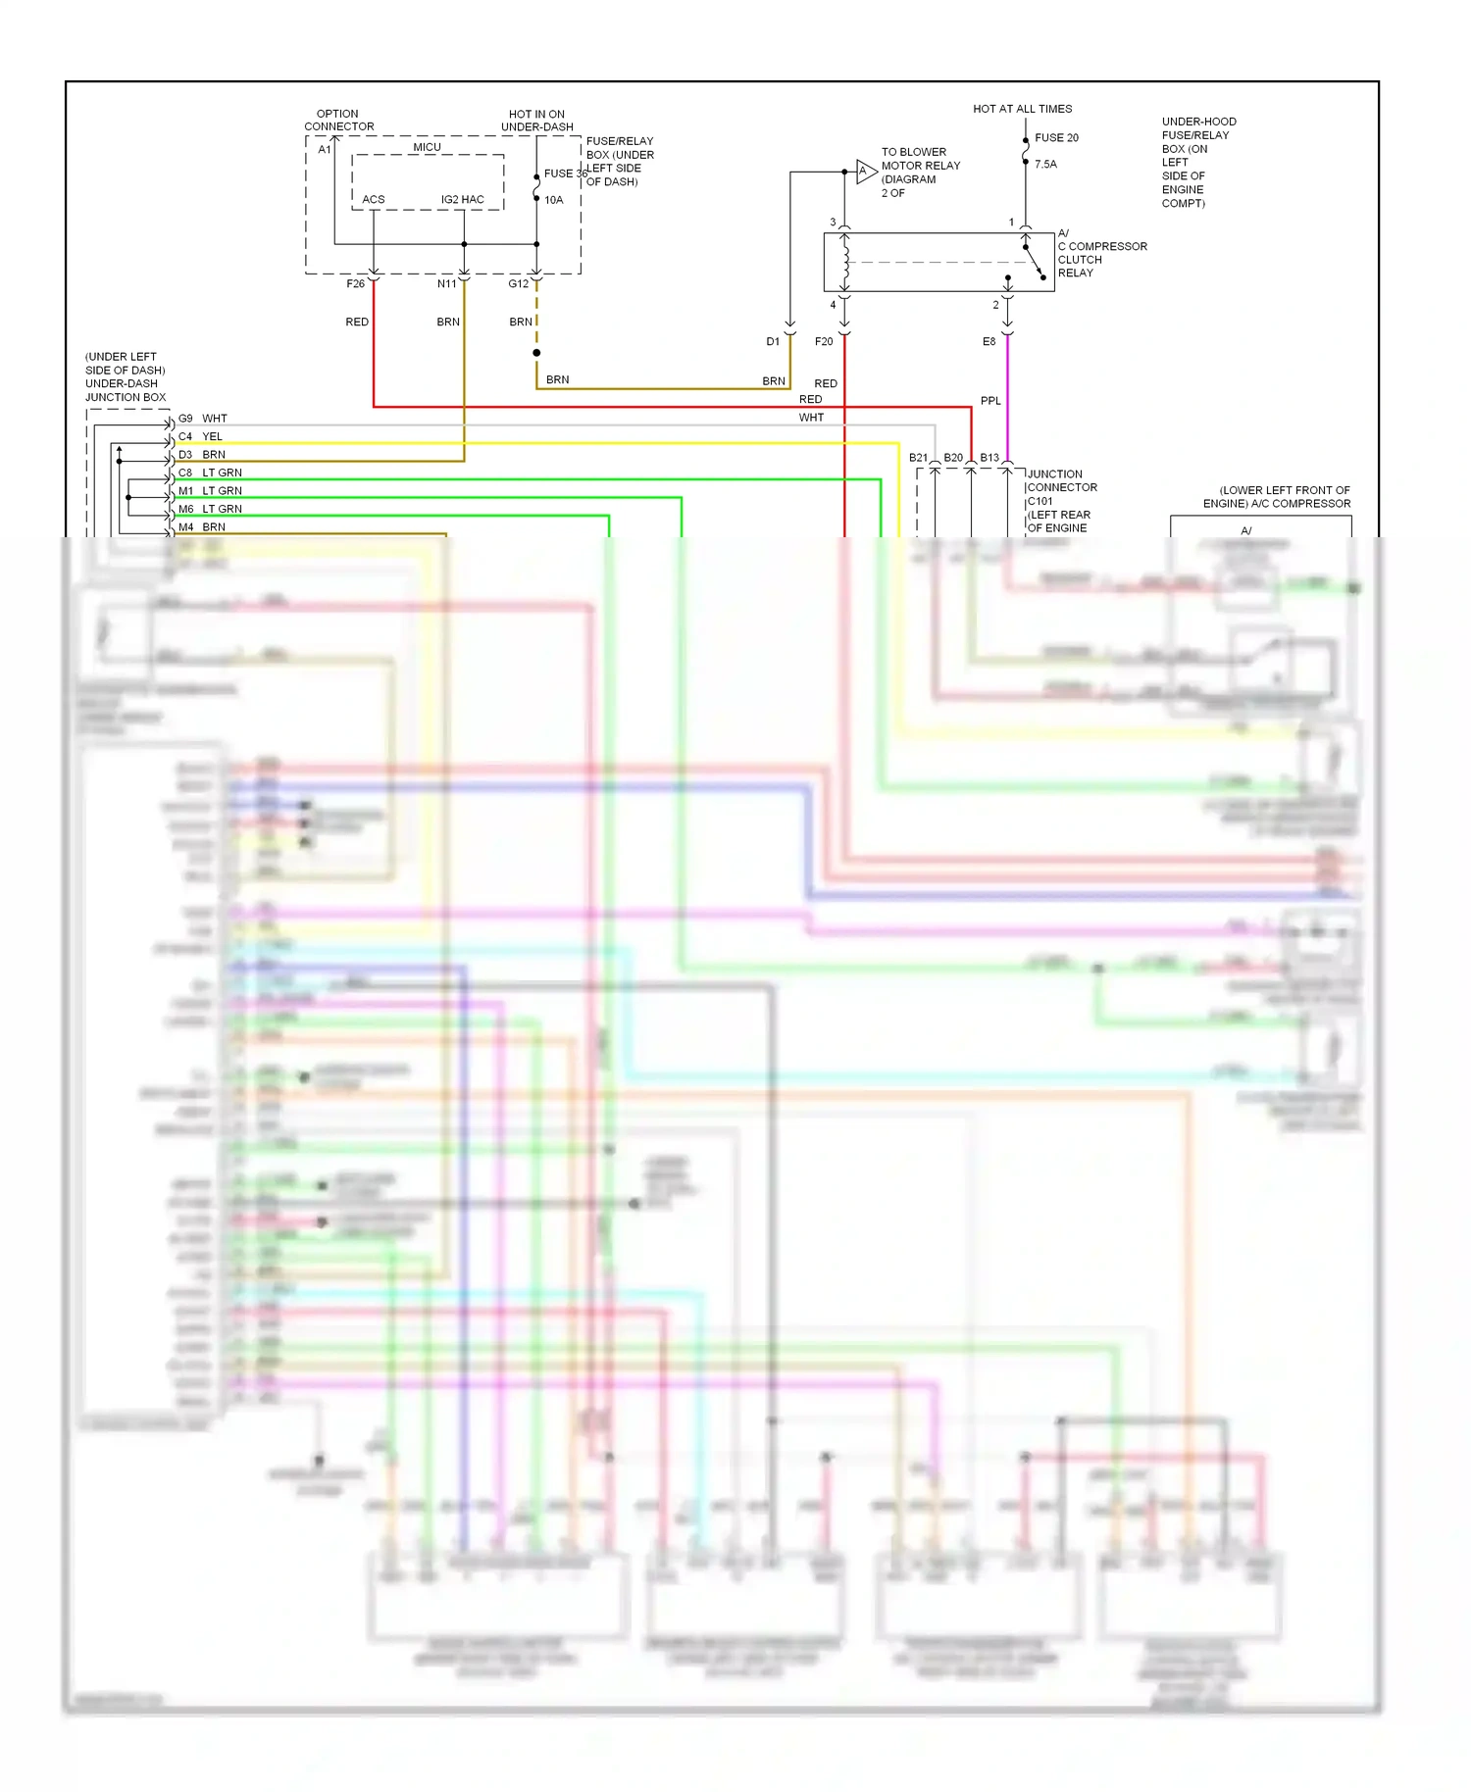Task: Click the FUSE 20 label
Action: click(1056, 138)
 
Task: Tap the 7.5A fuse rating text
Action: click(1045, 165)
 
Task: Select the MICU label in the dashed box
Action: click(427, 147)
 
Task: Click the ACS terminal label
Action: click(374, 200)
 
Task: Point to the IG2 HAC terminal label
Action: click(462, 200)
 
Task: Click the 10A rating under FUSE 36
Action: click(554, 200)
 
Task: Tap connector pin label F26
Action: click(355, 284)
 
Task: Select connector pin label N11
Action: click(446, 284)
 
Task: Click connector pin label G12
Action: click(518, 284)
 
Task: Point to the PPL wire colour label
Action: click(990, 401)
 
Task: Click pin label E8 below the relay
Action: click(989, 342)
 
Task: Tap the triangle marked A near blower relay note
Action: click(865, 172)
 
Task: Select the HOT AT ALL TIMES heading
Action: click(1022, 109)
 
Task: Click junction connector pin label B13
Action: click(989, 458)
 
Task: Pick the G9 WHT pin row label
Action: click(202, 419)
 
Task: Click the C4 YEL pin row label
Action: click(200, 437)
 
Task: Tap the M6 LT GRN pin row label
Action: click(209, 510)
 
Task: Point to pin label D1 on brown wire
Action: click(773, 342)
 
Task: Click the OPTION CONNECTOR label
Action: click(338, 121)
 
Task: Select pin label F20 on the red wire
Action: click(824, 342)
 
